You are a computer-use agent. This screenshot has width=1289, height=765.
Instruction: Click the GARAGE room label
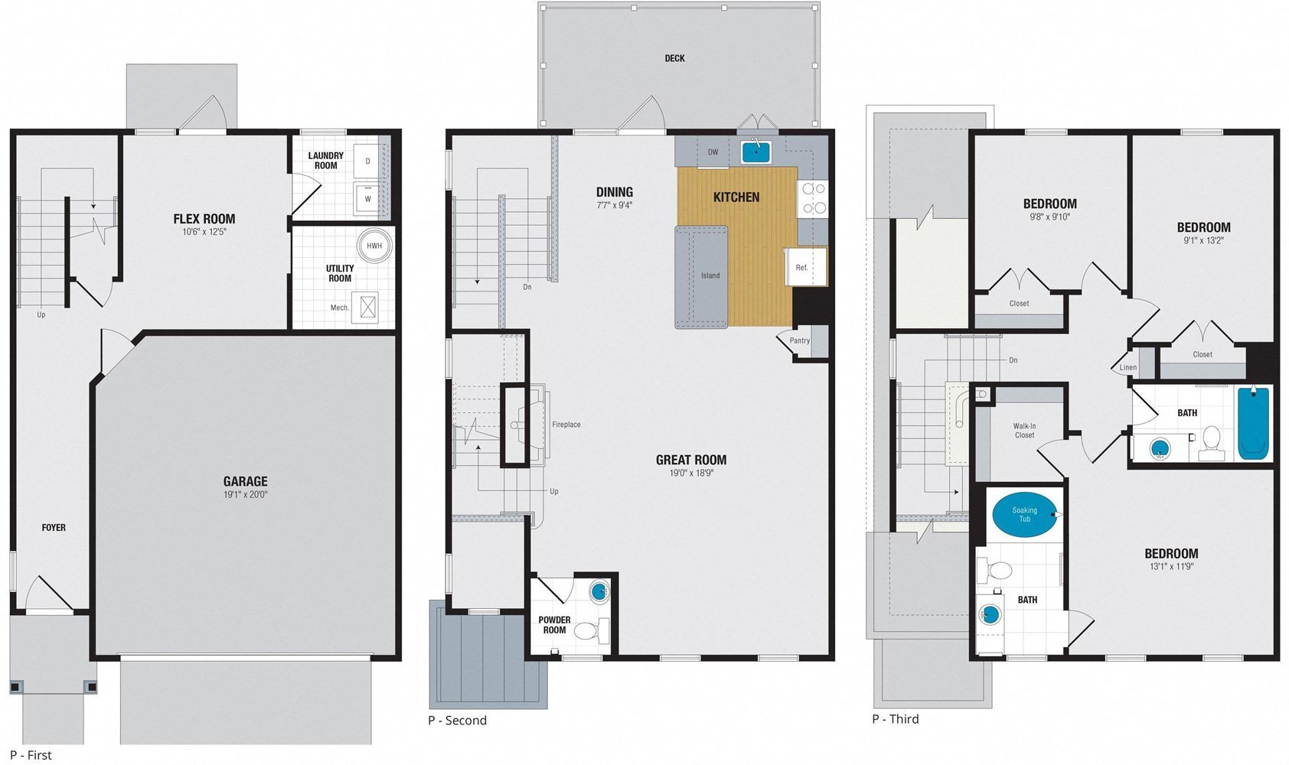245,481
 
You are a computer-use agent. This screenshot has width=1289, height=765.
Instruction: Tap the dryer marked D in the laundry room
368,161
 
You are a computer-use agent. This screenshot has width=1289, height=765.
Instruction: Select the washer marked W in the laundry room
368,198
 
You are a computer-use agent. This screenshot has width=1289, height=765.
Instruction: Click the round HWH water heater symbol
374,246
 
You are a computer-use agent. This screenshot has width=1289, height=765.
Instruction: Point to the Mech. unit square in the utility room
368,308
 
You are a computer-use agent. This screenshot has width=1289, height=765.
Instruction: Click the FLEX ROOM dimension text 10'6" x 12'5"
204,231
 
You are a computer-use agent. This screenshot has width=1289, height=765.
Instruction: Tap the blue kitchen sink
755,151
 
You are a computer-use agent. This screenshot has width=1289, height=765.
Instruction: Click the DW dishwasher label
713,152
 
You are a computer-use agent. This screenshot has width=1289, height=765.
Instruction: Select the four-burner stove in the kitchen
812,197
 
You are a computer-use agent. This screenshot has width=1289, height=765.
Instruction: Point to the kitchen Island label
710,275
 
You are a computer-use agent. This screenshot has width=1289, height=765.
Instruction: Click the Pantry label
799,340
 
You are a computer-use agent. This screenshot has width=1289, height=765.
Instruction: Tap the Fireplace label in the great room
566,425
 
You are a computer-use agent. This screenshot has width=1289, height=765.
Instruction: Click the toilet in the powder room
587,631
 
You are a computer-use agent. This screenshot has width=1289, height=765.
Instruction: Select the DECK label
674,58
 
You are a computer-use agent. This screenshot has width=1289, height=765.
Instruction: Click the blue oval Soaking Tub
1024,514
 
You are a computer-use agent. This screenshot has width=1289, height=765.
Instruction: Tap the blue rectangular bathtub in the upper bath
1253,423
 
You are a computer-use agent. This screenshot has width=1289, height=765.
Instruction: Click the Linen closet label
1127,367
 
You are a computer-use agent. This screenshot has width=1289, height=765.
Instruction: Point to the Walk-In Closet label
1024,431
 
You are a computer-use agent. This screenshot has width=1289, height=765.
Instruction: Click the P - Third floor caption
895,719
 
